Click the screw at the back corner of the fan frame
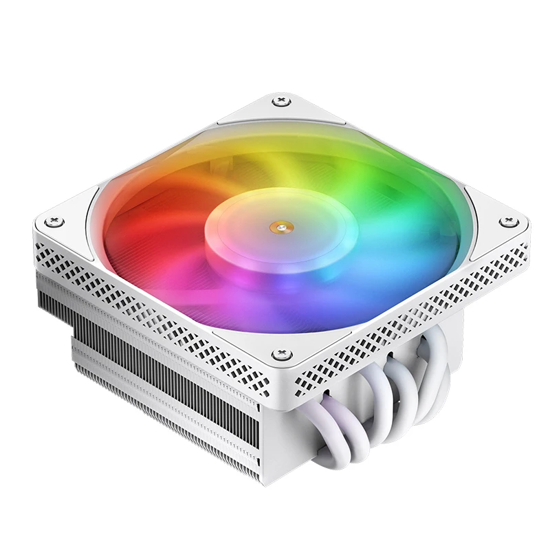pos(280,102)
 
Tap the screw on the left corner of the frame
pos(54,221)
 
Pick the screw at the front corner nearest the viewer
pos(280,355)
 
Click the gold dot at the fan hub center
pos(280,223)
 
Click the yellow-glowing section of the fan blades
pos(268,158)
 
